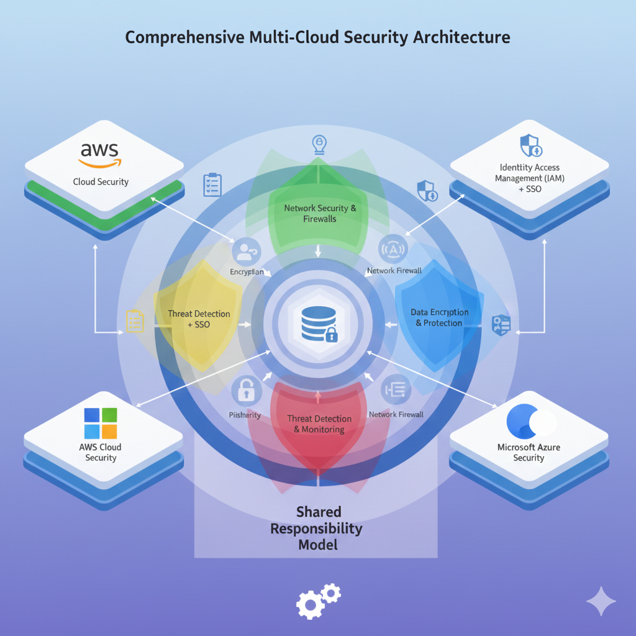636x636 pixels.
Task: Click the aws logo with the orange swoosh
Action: pos(100,155)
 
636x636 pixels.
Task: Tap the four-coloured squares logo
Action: pos(101,423)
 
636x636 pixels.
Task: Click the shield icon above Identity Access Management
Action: pos(530,145)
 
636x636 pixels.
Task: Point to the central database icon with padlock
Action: pos(318,323)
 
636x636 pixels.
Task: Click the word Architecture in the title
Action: pos(460,37)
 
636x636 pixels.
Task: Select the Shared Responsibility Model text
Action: pos(318,528)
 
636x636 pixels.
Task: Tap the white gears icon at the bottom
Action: pos(319,599)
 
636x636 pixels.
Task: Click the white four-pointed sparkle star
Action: pos(601,601)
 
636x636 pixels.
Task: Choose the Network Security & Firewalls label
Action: pos(320,213)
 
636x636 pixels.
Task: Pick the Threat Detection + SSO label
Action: pos(199,319)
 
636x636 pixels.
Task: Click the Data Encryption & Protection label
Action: pos(439,317)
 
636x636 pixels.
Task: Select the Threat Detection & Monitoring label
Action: pos(319,424)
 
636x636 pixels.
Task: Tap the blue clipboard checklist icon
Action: pos(212,185)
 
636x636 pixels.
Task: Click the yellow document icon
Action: pos(135,320)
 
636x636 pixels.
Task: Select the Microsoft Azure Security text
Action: pos(529,452)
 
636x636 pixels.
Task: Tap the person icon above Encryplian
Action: pos(246,252)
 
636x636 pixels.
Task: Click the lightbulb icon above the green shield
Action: pos(318,145)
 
